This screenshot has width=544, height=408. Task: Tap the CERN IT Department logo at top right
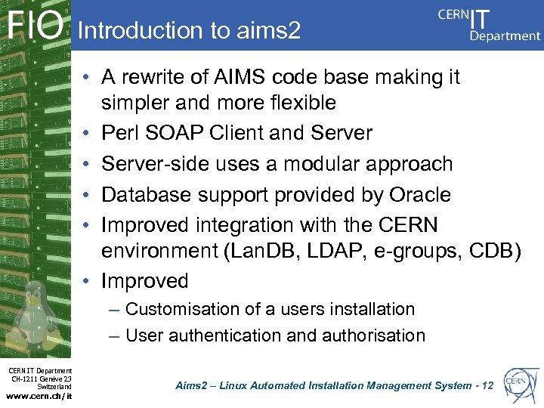pos(490,24)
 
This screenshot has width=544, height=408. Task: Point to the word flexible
pos(298,102)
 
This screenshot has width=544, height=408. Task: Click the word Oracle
pos(420,195)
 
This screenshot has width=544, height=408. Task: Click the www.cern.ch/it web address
pos(39,395)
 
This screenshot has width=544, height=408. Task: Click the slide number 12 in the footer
pos(487,385)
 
